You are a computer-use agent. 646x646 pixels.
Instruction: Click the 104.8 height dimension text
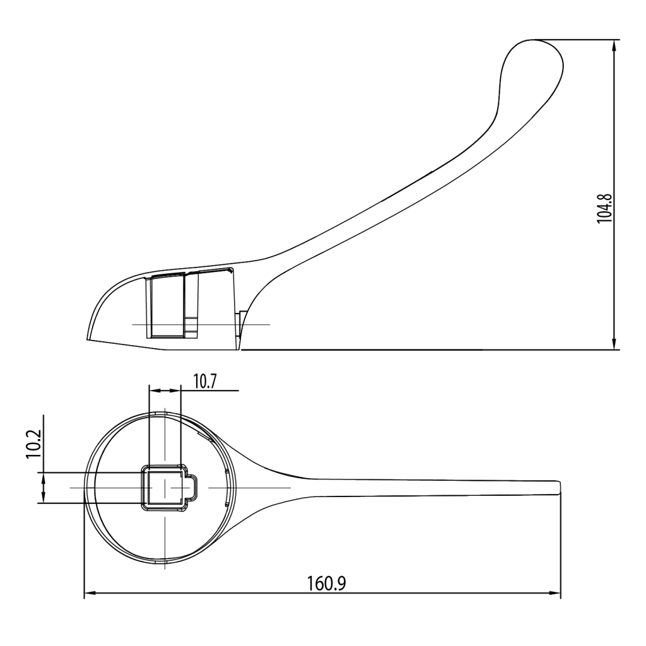pyautogui.click(x=605, y=208)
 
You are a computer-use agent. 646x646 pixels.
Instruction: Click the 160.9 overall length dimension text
pyautogui.click(x=327, y=583)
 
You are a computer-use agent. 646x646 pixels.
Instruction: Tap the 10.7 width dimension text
pyautogui.click(x=205, y=382)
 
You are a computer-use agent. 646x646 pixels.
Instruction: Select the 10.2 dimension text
pyautogui.click(x=33, y=443)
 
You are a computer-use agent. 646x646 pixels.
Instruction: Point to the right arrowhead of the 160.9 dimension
pyautogui.click(x=555, y=593)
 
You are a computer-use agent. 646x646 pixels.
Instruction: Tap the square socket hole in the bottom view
pyautogui.click(x=165, y=488)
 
